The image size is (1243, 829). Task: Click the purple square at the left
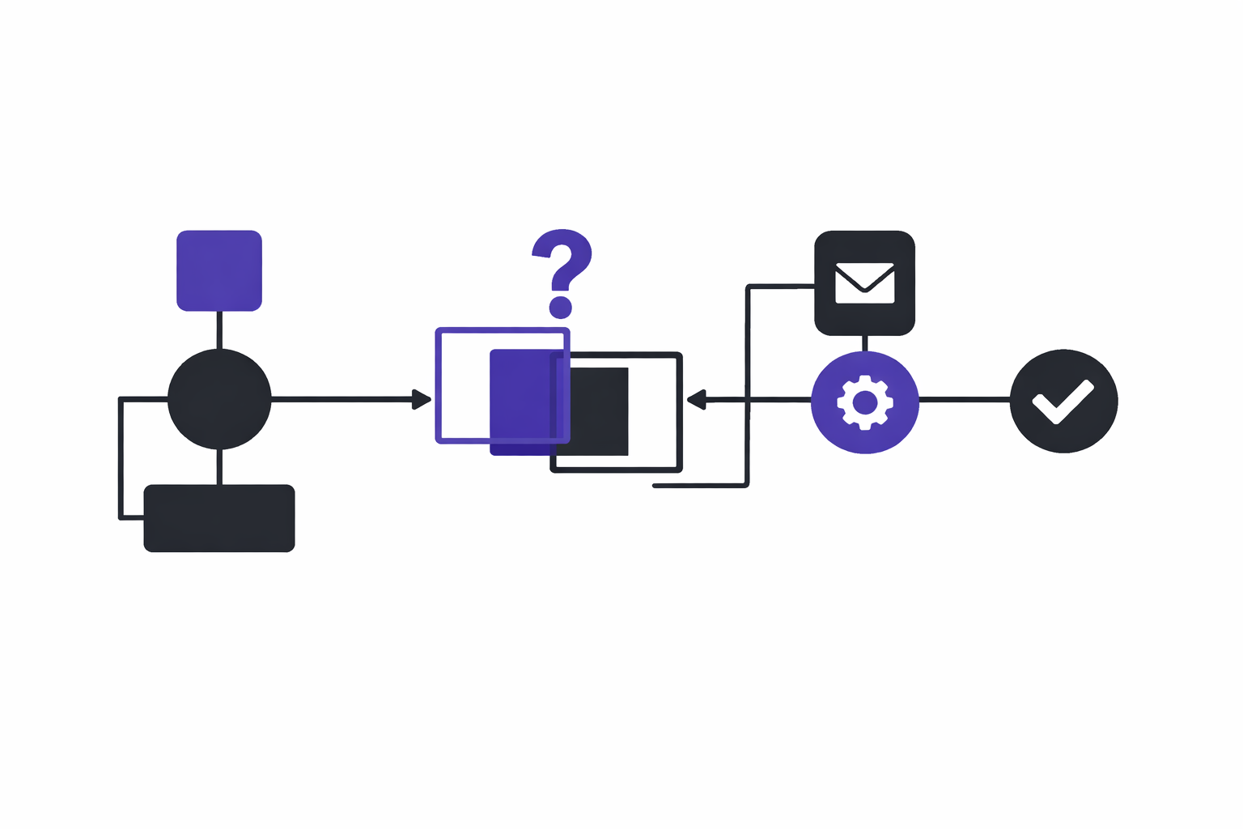tap(219, 270)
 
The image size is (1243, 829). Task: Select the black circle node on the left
tap(219, 398)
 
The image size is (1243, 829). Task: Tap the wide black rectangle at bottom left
tap(219, 518)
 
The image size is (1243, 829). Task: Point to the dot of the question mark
tap(561, 307)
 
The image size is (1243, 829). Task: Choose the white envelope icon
tap(864, 283)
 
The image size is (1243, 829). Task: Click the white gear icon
tap(865, 402)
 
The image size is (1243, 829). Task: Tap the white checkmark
tap(1063, 402)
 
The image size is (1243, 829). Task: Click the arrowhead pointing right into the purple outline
tap(422, 399)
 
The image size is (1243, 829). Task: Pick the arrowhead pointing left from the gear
tap(696, 399)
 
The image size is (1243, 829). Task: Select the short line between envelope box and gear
tap(865, 343)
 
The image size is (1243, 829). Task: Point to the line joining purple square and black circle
tap(219, 329)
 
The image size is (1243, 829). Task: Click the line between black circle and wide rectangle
tap(219, 466)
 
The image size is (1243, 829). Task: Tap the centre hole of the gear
tap(865, 402)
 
